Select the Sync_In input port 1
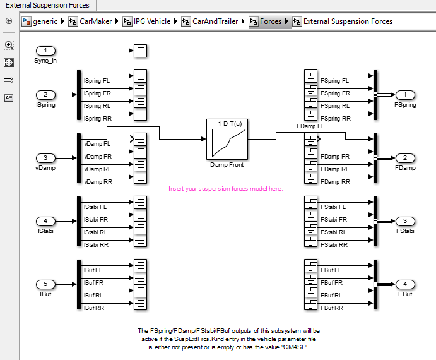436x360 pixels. (x=45, y=51)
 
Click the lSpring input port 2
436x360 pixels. (x=45, y=94)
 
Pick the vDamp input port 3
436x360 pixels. (x=45, y=157)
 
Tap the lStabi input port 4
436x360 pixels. (x=45, y=220)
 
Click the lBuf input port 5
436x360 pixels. (x=45, y=284)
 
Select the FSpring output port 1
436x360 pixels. (x=404, y=94)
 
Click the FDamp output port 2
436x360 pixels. (x=404, y=157)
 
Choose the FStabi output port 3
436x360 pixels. (x=404, y=220)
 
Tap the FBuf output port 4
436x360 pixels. (x=404, y=284)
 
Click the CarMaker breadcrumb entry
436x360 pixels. (x=95, y=21)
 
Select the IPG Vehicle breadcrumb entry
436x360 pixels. (x=152, y=21)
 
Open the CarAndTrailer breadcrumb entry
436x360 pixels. (x=215, y=21)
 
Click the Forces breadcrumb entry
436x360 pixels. (x=271, y=21)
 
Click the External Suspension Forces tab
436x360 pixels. (x=47, y=5)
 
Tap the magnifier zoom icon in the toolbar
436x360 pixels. (x=9, y=45)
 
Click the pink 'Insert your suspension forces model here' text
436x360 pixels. (x=225, y=188)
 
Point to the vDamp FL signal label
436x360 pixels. (x=98, y=144)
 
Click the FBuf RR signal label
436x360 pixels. (x=331, y=308)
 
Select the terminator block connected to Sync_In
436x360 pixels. (x=140, y=51)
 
